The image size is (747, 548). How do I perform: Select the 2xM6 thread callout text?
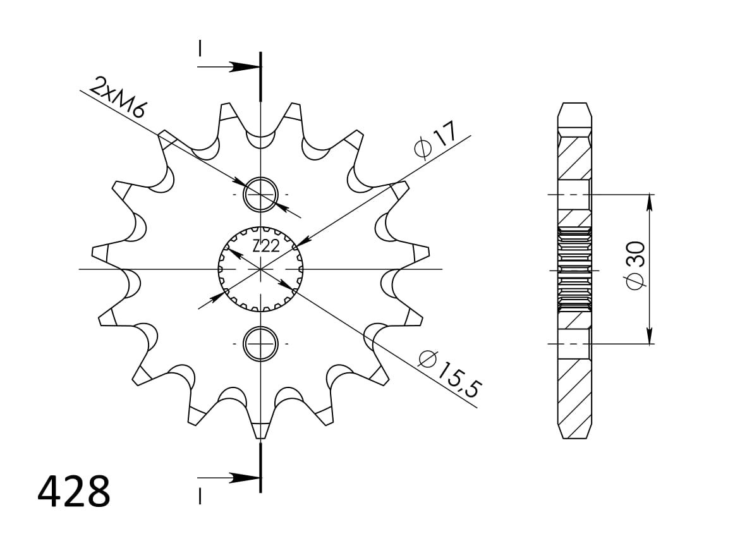(x=118, y=98)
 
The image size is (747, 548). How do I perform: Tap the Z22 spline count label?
(x=265, y=247)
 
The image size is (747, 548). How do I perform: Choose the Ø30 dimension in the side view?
(x=636, y=265)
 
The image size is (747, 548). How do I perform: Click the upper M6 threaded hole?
(x=260, y=194)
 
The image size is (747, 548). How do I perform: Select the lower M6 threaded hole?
(x=260, y=343)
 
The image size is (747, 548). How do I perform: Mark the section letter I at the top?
(x=200, y=48)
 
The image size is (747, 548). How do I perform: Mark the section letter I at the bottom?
(x=200, y=497)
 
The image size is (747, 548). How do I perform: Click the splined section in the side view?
(x=574, y=269)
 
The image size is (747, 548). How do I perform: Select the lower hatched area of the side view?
(x=574, y=386)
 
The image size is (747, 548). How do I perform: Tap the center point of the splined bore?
(x=260, y=269)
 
